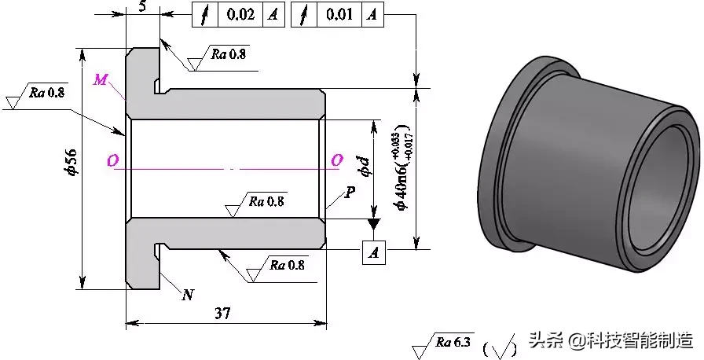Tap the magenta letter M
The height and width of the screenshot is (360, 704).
[x=101, y=79]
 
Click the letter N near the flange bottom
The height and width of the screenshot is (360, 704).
[x=188, y=295]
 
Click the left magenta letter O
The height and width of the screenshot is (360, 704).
[x=115, y=160]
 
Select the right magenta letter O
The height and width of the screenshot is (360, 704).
[x=336, y=160]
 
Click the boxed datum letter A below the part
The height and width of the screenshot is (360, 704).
[x=374, y=252]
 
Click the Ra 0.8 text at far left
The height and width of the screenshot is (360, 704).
[x=47, y=92]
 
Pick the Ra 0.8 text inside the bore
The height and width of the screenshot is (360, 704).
[x=267, y=200]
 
